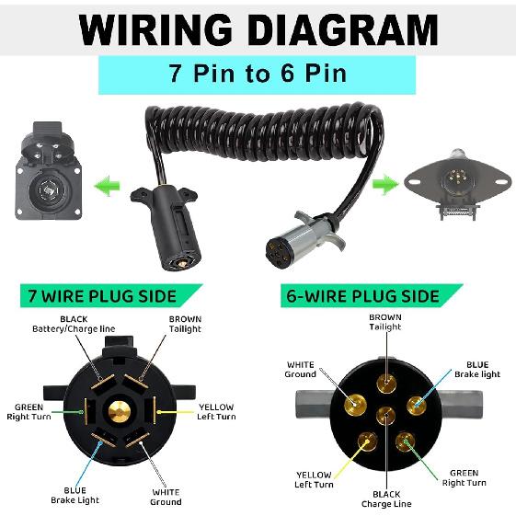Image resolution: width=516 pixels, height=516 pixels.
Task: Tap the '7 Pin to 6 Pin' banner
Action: click(257, 74)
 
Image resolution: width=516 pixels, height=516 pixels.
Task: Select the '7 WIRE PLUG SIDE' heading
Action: click(104, 296)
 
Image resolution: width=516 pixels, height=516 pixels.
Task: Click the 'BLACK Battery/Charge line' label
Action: click(73, 324)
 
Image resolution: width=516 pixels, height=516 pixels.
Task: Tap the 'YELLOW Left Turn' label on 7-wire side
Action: click(216, 412)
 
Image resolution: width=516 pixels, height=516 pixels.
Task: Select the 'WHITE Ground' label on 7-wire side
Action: click(166, 497)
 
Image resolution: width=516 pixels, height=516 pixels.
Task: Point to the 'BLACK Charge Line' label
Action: click(385, 499)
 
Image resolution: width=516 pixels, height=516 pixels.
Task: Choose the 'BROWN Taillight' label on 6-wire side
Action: click(385, 322)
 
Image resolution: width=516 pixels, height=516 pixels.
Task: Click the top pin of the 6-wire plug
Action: click(385, 380)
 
